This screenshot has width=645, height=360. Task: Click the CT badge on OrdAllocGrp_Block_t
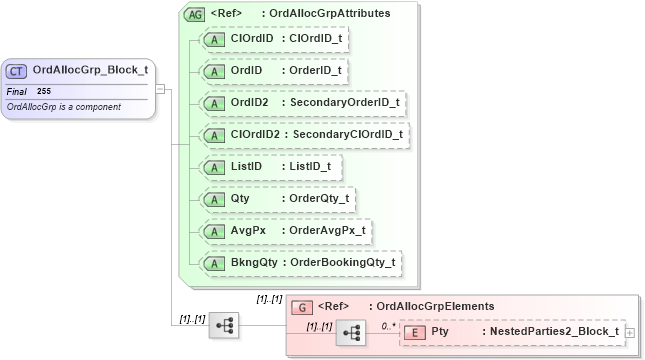tap(17, 70)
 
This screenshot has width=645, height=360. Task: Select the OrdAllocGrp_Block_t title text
tap(90, 70)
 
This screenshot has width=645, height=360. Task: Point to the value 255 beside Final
tap(44, 91)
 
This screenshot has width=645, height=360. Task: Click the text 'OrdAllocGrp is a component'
tap(63, 106)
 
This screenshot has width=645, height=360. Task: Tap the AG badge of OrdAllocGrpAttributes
tap(193, 14)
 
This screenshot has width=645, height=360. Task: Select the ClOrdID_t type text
tap(314, 39)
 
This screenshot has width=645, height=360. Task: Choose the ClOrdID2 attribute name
tap(254, 135)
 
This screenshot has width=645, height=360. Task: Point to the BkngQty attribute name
tap(253, 263)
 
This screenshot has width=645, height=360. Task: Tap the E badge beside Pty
tap(415, 331)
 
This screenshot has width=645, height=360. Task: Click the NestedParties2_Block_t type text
tap(551, 331)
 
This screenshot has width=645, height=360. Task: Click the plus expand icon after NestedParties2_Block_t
tap(629, 332)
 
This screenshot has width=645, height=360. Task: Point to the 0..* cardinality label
tap(388, 324)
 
